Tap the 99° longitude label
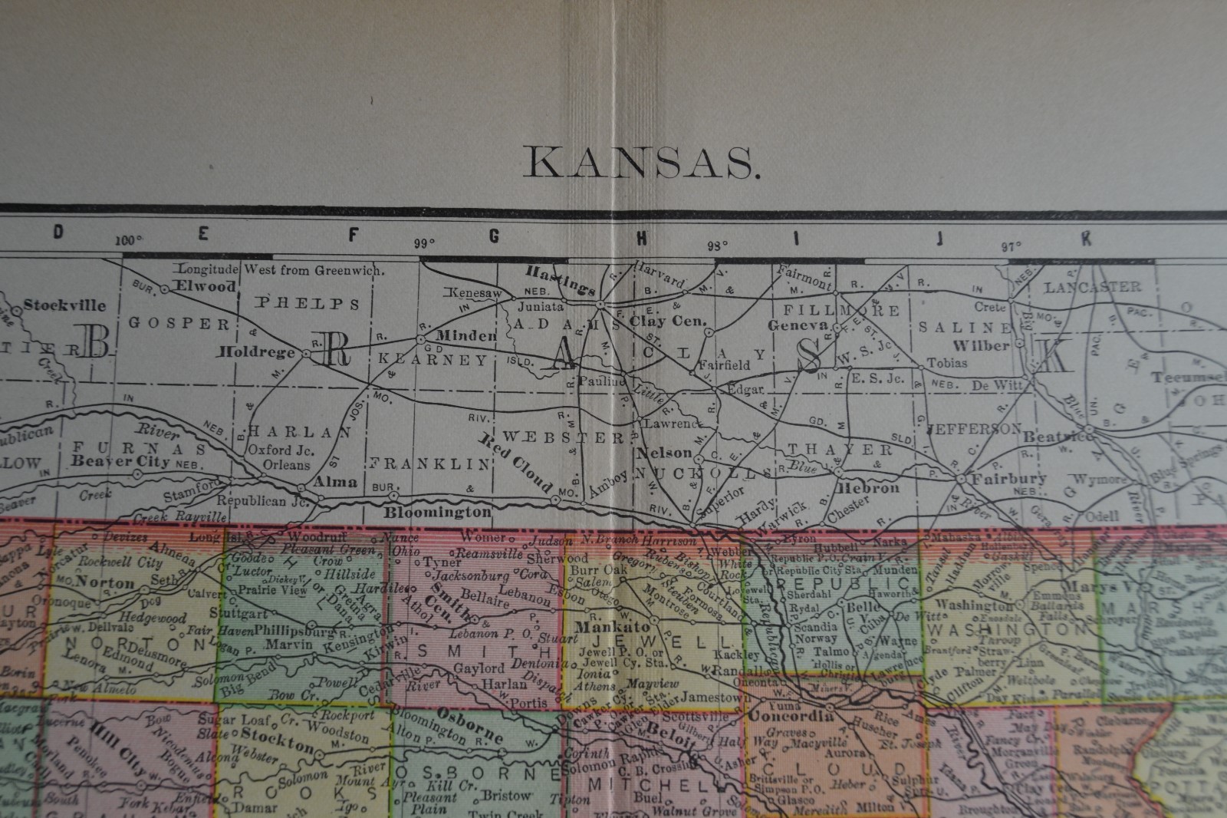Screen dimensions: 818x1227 pos(425,244)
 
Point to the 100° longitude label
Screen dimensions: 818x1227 pos(130,240)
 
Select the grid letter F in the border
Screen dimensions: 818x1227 pos(354,236)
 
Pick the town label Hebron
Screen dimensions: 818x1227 pos(869,487)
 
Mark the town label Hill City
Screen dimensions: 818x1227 pos(119,739)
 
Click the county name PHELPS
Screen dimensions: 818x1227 pos(308,303)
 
